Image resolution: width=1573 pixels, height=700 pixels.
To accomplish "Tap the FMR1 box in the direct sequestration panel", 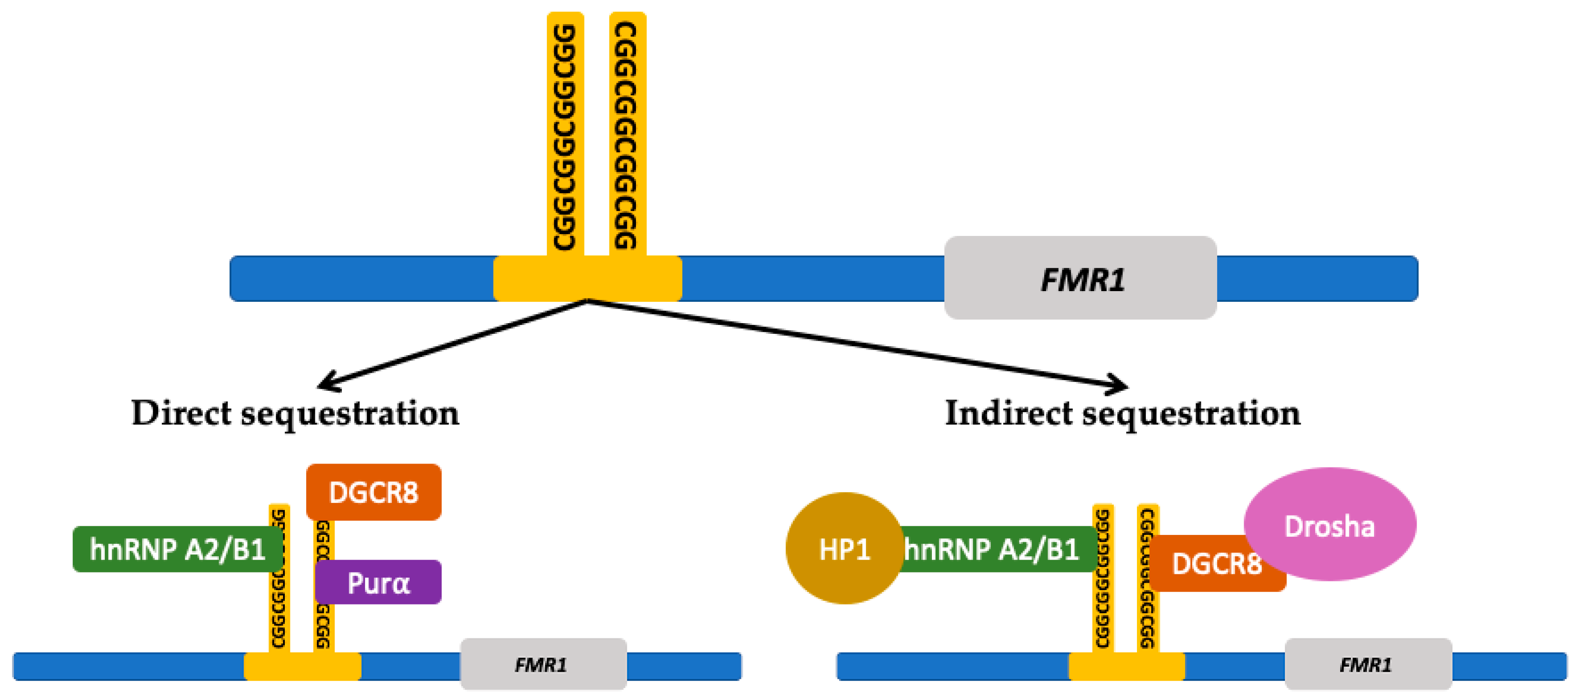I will click(x=542, y=664).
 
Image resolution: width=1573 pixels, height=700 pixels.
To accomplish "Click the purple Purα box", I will click(x=379, y=582).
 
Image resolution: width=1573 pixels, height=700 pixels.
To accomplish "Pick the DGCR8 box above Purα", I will click(x=373, y=492).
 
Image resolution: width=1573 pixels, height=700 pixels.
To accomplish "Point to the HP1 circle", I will click(x=843, y=549).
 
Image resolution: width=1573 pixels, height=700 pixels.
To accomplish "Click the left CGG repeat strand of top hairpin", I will click(x=565, y=134).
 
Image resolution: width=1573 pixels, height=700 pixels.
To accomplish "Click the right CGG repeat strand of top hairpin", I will click(x=627, y=134).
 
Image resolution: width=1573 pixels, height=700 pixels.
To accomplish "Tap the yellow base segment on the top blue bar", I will click(x=587, y=278).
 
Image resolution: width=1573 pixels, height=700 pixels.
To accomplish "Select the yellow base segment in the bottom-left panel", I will click(x=302, y=666).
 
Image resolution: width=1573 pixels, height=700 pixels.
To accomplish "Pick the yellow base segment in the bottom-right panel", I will click(x=1127, y=666).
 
